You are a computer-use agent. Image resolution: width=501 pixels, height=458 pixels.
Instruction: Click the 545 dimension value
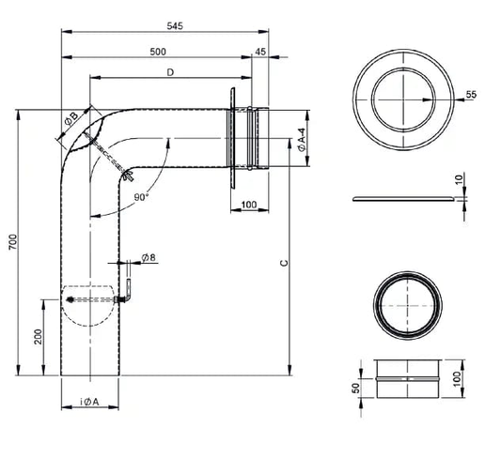[175, 26]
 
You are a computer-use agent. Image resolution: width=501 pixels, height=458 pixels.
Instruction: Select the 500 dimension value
[158, 52]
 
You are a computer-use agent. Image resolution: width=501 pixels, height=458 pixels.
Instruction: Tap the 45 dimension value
[260, 52]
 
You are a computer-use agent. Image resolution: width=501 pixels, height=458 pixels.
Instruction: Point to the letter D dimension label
[170, 72]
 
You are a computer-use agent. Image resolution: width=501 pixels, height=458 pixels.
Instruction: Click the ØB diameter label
[70, 119]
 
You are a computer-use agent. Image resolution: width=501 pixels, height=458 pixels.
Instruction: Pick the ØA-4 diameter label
[302, 140]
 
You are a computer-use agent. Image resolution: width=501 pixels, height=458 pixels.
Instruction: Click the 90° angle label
[141, 197]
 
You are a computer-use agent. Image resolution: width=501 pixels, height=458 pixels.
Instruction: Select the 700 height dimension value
[13, 242]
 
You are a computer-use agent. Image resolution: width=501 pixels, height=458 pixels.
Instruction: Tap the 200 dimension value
[38, 337]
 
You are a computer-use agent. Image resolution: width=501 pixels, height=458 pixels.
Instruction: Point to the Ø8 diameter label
[149, 257]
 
